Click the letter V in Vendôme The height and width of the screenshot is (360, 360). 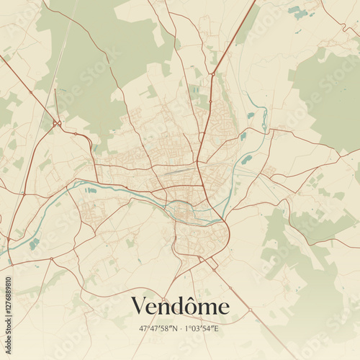[x=139, y=307]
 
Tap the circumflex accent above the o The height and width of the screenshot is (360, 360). [x=196, y=297]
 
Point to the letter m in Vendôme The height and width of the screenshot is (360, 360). [x=210, y=309]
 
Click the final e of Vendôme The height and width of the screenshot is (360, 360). [x=224, y=309]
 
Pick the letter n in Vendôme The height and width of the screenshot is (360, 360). [x=166, y=309]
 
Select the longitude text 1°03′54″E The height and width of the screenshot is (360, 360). [x=202, y=329]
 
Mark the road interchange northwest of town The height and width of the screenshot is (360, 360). [x=57, y=125]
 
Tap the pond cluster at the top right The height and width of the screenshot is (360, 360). [x=297, y=12]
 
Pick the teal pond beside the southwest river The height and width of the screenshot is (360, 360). [x=35, y=243]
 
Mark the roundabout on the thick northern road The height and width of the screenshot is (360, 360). [x=212, y=73]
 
